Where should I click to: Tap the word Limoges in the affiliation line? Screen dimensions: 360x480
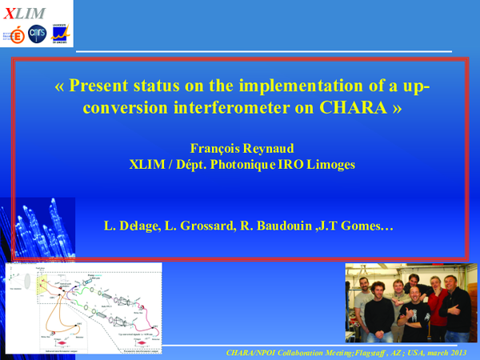[x=328, y=165]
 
